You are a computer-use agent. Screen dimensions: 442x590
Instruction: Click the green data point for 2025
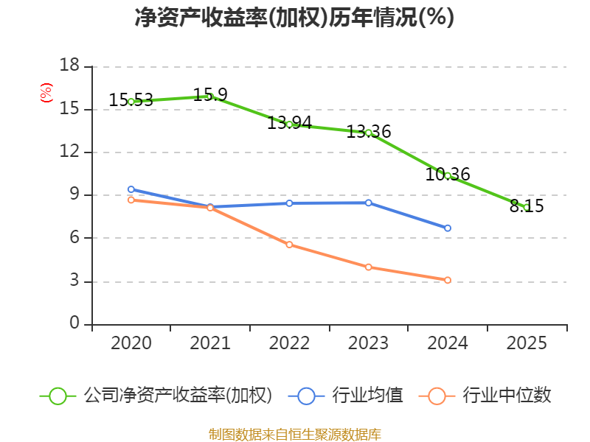(x=527, y=207)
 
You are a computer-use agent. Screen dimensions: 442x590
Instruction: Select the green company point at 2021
(x=210, y=97)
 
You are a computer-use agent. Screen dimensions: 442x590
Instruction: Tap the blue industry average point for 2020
(x=131, y=189)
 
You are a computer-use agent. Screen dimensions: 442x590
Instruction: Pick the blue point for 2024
(x=448, y=228)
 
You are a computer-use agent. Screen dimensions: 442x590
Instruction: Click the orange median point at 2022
(x=289, y=245)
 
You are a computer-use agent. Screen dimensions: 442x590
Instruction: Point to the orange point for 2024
(x=448, y=280)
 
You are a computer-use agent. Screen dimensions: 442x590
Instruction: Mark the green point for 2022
(x=289, y=124)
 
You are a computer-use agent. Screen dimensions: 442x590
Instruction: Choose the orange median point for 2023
(x=368, y=267)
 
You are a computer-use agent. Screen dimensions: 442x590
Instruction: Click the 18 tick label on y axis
(x=69, y=66)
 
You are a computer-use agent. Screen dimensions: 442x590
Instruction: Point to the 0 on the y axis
(x=74, y=324)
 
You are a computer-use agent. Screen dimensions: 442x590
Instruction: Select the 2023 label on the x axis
(x=368, y=343)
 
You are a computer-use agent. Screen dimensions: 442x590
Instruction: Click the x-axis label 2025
(x=527, y=343)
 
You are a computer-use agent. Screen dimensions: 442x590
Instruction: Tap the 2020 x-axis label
(x=131, y=343)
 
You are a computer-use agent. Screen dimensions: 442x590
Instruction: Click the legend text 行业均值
(x=367, y=396)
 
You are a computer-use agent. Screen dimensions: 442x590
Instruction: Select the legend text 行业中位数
(x=507, y=396)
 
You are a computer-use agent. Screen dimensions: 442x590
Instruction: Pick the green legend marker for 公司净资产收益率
(x=58, y=396)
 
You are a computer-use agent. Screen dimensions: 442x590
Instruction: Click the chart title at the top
(x=294, y=18)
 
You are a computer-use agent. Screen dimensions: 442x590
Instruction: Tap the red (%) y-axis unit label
(x=46, y=93)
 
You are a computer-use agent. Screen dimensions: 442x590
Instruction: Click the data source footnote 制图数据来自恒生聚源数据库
(x=294, y=434)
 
